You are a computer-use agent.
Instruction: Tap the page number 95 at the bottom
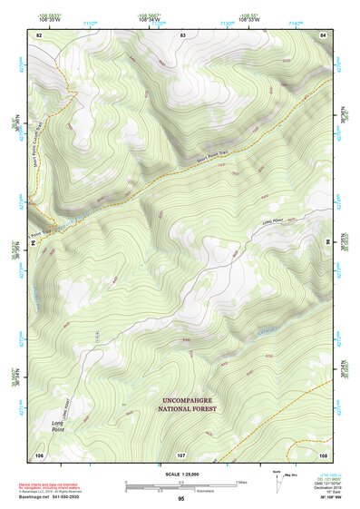(181, 499)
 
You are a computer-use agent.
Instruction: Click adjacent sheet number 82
(39, 34)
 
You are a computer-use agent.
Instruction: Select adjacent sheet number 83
(182, 34)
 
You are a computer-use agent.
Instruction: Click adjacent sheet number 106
(39, 454)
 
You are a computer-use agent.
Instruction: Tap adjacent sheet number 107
(181, 454)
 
